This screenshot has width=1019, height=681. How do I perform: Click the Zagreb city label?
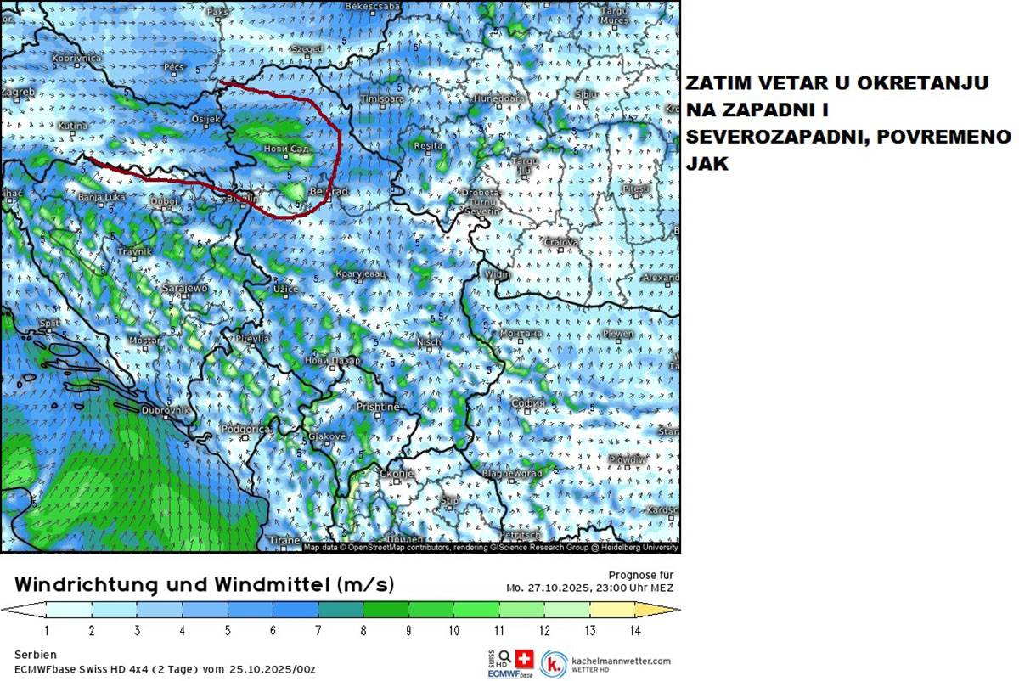point(19,92)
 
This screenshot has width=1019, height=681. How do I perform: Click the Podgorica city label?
point(245,429)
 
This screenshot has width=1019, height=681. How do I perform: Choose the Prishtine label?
point(377,407)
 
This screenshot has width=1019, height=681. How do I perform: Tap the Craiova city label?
point(561,242)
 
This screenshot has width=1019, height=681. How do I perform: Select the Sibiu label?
point(586,93)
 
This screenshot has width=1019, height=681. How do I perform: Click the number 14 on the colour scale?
point(634,631)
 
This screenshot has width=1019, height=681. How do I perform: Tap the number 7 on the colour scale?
point(318,631)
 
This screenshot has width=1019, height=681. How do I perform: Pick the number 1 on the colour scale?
point(46,631)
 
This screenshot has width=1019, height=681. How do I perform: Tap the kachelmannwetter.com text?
point(621,660)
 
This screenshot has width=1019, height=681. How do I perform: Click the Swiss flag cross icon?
point(523,657)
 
